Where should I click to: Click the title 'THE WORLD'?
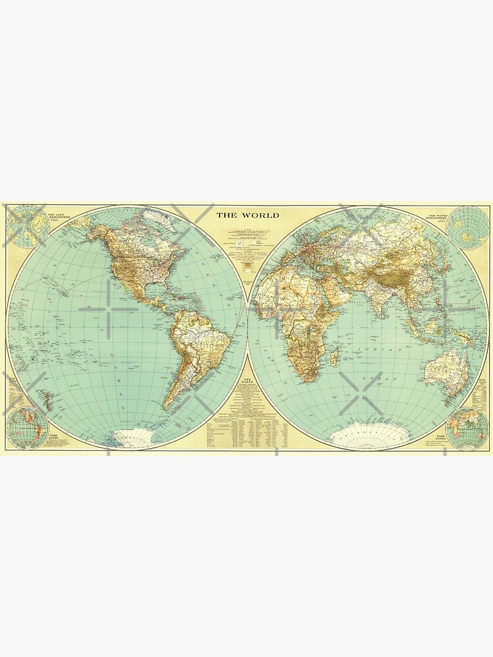(248, 215)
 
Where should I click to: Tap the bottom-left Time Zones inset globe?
(27, 427)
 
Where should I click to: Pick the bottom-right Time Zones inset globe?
(467, 427)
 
